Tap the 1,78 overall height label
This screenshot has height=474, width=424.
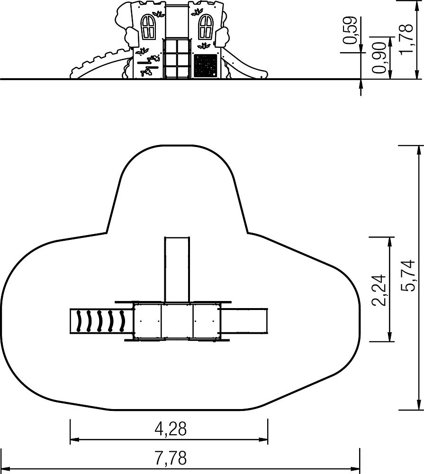click(406, 38)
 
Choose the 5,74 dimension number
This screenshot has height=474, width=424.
click(408, 275)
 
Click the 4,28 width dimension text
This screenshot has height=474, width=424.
click(171, 429)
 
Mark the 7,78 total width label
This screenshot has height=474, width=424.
click(171, 458)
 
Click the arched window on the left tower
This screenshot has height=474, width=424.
click(149, 26)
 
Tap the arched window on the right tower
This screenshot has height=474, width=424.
click(206, 26)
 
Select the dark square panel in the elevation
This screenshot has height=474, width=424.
click(206, 65)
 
